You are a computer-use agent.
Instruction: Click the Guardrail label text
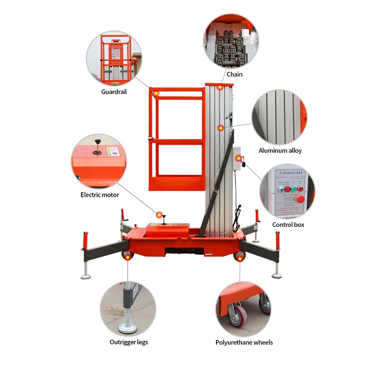[114, 91]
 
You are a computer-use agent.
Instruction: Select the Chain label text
[234, 74]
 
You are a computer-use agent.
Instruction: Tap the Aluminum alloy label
[280, 151]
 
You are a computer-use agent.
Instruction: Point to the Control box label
[288, 225]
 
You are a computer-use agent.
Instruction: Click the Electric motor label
[100, 195]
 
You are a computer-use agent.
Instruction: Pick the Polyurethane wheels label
[244, 342]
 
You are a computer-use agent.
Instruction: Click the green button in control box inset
[300, 188]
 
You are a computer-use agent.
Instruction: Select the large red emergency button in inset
[301, 199]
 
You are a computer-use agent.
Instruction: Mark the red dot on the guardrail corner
[156, 93]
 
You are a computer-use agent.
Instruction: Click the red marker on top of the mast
[220, 87]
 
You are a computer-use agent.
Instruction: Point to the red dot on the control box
[238, 158]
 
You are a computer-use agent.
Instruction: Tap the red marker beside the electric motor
[159, 214]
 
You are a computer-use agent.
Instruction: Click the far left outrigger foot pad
[86, 276]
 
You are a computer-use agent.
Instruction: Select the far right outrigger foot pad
[277, 275]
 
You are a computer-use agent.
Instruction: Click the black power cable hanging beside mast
[236, 217]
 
